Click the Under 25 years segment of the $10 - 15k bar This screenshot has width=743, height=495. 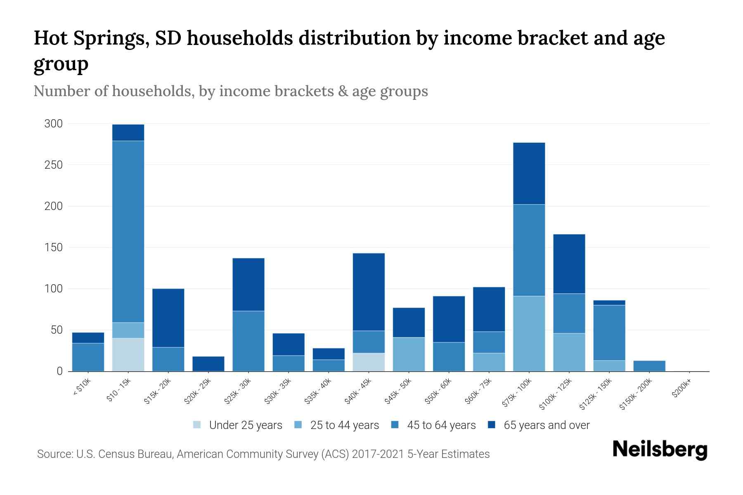(128, 355)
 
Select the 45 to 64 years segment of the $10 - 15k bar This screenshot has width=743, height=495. (128, 231)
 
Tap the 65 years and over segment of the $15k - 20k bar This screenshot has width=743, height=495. (168, 318)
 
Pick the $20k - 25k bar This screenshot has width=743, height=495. (208, 364)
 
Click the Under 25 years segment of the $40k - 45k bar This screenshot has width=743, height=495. (369, 362)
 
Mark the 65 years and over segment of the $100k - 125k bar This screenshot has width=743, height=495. (569, 264)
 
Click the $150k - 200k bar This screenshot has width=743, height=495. (649, 366)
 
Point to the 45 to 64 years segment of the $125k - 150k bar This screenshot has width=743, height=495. (609, 332)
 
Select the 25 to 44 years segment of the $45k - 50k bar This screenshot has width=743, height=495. (409, 354)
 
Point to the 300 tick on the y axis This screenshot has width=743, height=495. (53, 124)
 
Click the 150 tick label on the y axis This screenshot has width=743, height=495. (53, 247)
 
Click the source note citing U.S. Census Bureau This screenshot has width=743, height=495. (263, 454)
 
